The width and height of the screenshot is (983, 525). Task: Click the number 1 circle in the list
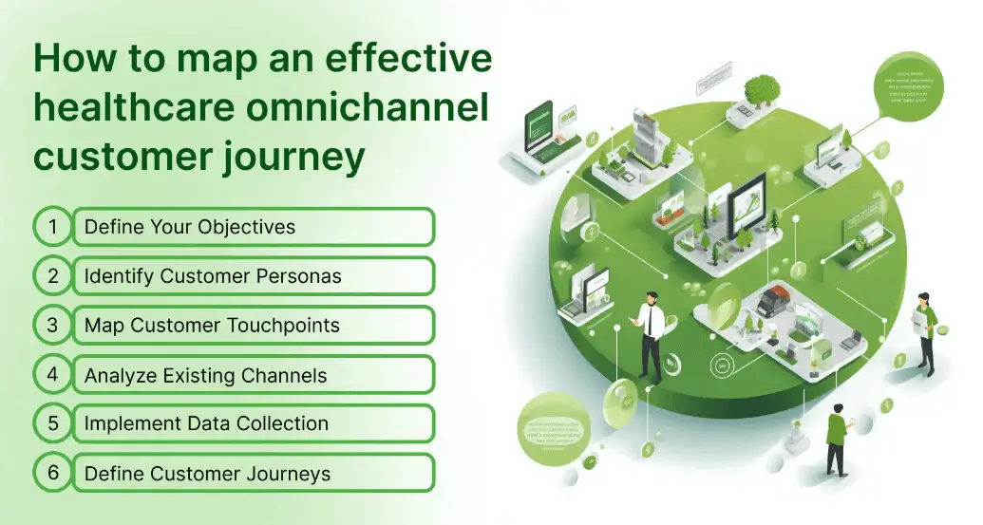pyautogui.click(x=54, y=227)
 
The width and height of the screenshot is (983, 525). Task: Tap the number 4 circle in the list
pyautogui.click(x=54, y=374)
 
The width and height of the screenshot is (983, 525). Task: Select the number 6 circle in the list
pyautogui.click(x=54, y=473)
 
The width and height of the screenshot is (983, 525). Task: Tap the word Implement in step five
pyautogui.click(x=134, y=423)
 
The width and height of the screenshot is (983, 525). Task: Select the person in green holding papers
pyautogui.click(x=925, y=331)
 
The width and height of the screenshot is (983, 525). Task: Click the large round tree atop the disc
pyautogui.click(x=761, y=90)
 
